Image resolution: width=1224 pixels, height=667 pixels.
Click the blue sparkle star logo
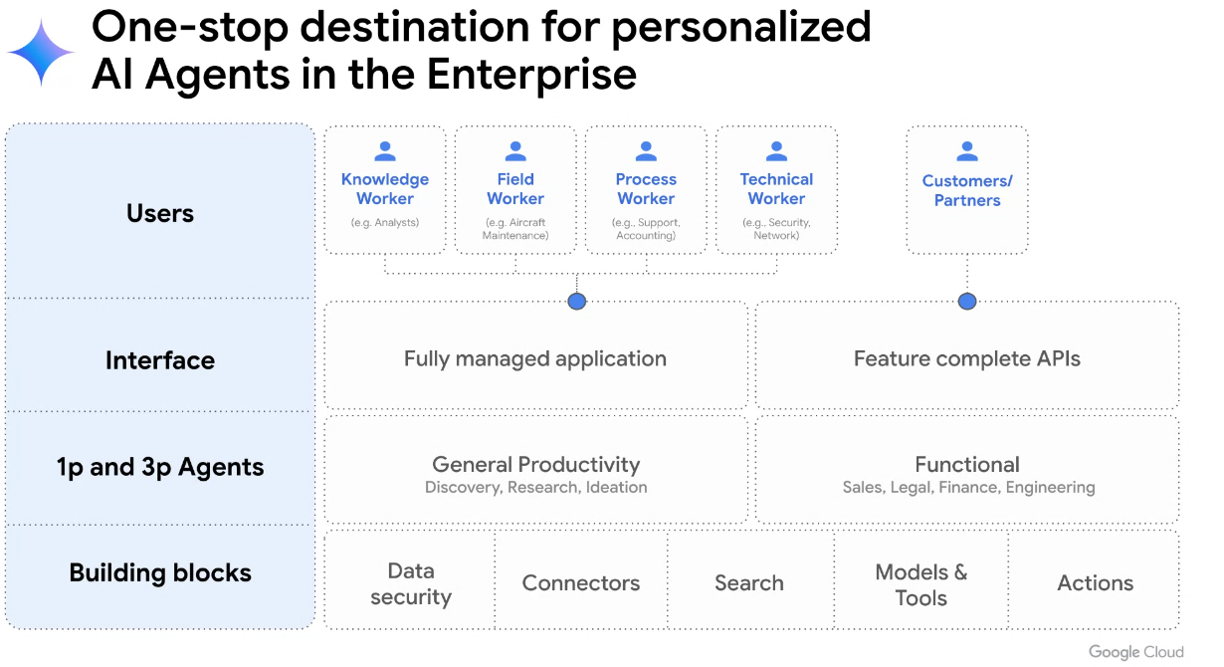tap(42, 53)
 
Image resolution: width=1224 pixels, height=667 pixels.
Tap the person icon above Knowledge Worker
tap(385, 151)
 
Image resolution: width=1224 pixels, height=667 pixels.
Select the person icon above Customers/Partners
tap(967, 151)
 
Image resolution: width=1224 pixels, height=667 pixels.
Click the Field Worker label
tap(515, 189)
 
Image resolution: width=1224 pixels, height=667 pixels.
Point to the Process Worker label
tap(646, 189)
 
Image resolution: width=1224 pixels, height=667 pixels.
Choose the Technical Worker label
tap(776, 189)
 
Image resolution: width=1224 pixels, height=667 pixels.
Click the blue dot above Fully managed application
tap(576, 301)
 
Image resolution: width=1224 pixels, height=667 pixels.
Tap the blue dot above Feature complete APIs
tap(967, 301)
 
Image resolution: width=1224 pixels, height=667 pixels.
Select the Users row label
tap(160, 213)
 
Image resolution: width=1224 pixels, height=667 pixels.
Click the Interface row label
tap(160, 360)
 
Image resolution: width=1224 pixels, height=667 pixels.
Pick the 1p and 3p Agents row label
tap(160, 467)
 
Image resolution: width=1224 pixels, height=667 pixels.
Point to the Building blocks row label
tap(160, 572)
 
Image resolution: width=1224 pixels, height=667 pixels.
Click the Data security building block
tap(411, 583)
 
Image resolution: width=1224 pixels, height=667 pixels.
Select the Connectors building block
tap(581, 583)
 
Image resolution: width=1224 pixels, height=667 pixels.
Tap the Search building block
tap(749, 583)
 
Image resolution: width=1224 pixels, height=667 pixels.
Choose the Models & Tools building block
tap(920, 584)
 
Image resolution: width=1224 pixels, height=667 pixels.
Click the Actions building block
tap(1095, 583)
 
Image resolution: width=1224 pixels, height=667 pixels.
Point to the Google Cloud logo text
tap(1135, 652)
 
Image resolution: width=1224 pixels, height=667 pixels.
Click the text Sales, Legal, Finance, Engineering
tap(968, 488)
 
